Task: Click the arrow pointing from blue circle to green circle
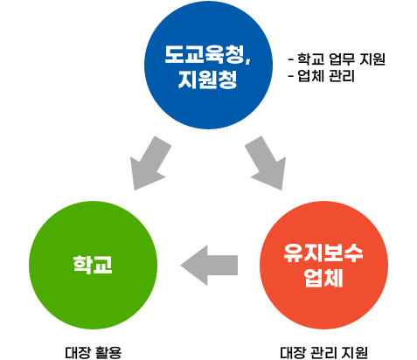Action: click(150, 163)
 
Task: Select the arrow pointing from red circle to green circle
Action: click(209, 265)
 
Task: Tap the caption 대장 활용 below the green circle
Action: click(93, 353)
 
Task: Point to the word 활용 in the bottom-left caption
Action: click(107, 353)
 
